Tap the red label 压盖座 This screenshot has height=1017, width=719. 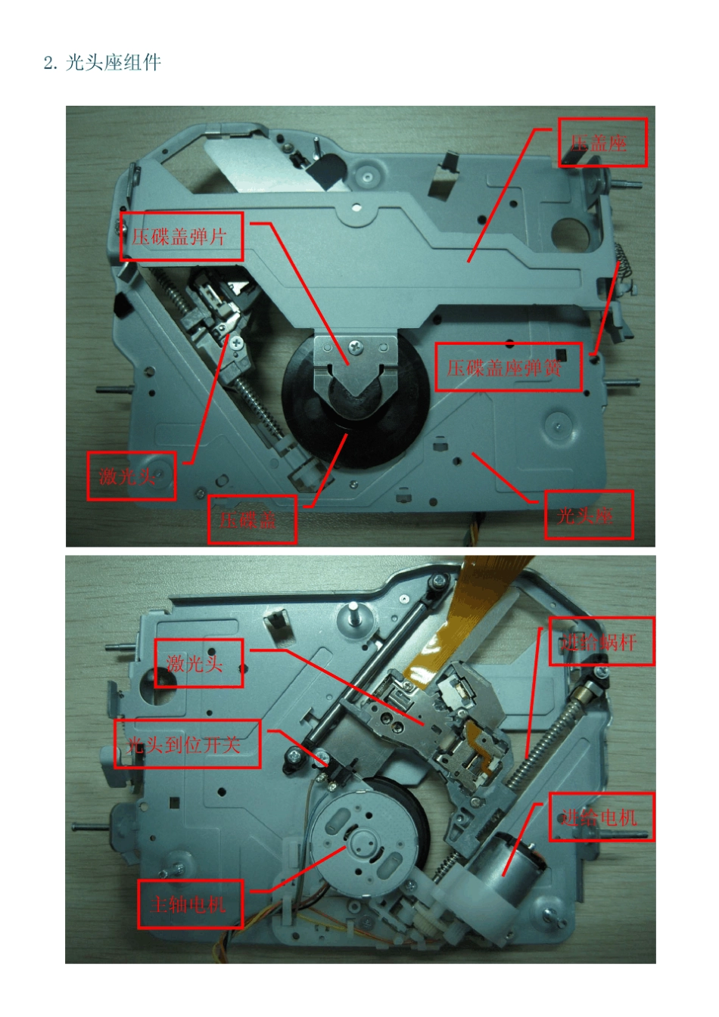(x=602, y=142)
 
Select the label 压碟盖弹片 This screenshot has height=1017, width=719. (x=181, y=237)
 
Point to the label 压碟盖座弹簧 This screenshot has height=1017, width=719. (x=508, y=367)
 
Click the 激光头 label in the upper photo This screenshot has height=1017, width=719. (x=131, y=476)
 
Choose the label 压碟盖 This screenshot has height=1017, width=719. (x=251, y=519)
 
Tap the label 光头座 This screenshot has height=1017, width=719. (x=588, y=515)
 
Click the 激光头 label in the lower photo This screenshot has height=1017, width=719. (x=198, y=663)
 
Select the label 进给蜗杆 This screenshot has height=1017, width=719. (x=601, y=642)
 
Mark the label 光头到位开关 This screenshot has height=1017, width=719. (x=187, y=745)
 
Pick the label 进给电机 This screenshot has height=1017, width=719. (x=601, y=817)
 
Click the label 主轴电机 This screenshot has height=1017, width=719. (x=190, y=904)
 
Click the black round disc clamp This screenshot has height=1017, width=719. (x=356, y=401)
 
